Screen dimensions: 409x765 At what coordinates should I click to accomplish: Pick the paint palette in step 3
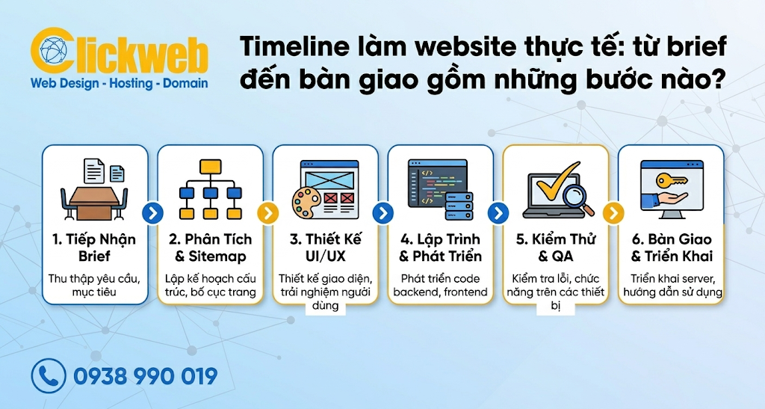tap(306, 203)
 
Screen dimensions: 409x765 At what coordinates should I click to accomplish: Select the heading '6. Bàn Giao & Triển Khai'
tap(671, 247)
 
